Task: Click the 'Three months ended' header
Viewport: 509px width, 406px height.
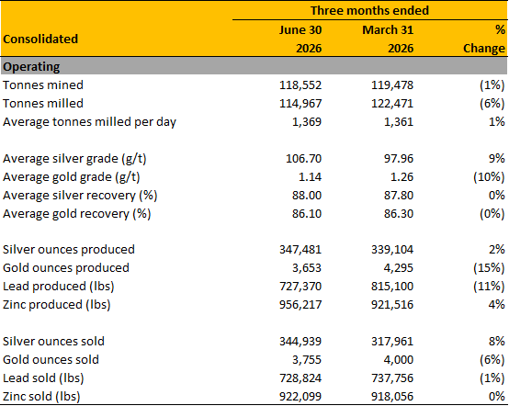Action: pyautogui.click(x=369, y=10)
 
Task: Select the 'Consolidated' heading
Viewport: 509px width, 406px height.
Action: pyautogui.click(x=40, y=39)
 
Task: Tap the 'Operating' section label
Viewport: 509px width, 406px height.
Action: pyautogui.click(x=31, y=67)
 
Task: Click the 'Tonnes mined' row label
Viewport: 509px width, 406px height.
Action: pyautogui.click(x=43, y=85)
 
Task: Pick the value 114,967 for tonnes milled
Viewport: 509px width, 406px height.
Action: pyautogui.click(x=300, y=104)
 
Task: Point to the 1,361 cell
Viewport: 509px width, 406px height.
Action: pyautogui.click(x=399, y=122)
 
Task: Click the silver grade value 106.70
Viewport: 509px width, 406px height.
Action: pyautogui.click(x=303, y=159)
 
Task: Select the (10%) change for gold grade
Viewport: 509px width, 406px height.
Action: pyautogui.click(x=489, y=177)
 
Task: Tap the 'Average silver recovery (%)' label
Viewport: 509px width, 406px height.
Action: pyautogui.click(x=80, y=196)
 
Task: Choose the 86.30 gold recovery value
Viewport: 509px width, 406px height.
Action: pyautogui.click(x=399, y=214)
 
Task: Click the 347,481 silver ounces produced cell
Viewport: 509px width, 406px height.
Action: pyautogui.click(x=300, y=250)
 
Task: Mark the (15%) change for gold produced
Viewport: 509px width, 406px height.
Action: pyautogui.click(x=489, y=268)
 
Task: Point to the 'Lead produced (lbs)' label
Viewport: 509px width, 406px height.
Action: pyautogui.click(x=59, y=287)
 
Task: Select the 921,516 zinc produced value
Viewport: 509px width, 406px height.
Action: pyautogui.click(x=392, y=305)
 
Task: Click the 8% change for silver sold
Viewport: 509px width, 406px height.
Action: pyautogui.click(x=497, y=342)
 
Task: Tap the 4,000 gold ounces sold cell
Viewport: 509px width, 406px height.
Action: pyautogui.click(x=399, y=360)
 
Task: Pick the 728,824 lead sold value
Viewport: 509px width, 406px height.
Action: pyautogui.click(x=300, y=378)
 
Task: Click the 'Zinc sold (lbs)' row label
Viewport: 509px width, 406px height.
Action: pyautogui.click(x=41, y=397)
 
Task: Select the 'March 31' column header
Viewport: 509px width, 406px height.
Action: pyautogui.click(x=388, y=30)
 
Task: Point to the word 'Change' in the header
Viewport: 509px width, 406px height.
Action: pyautogui.click(x=484, y=49)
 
